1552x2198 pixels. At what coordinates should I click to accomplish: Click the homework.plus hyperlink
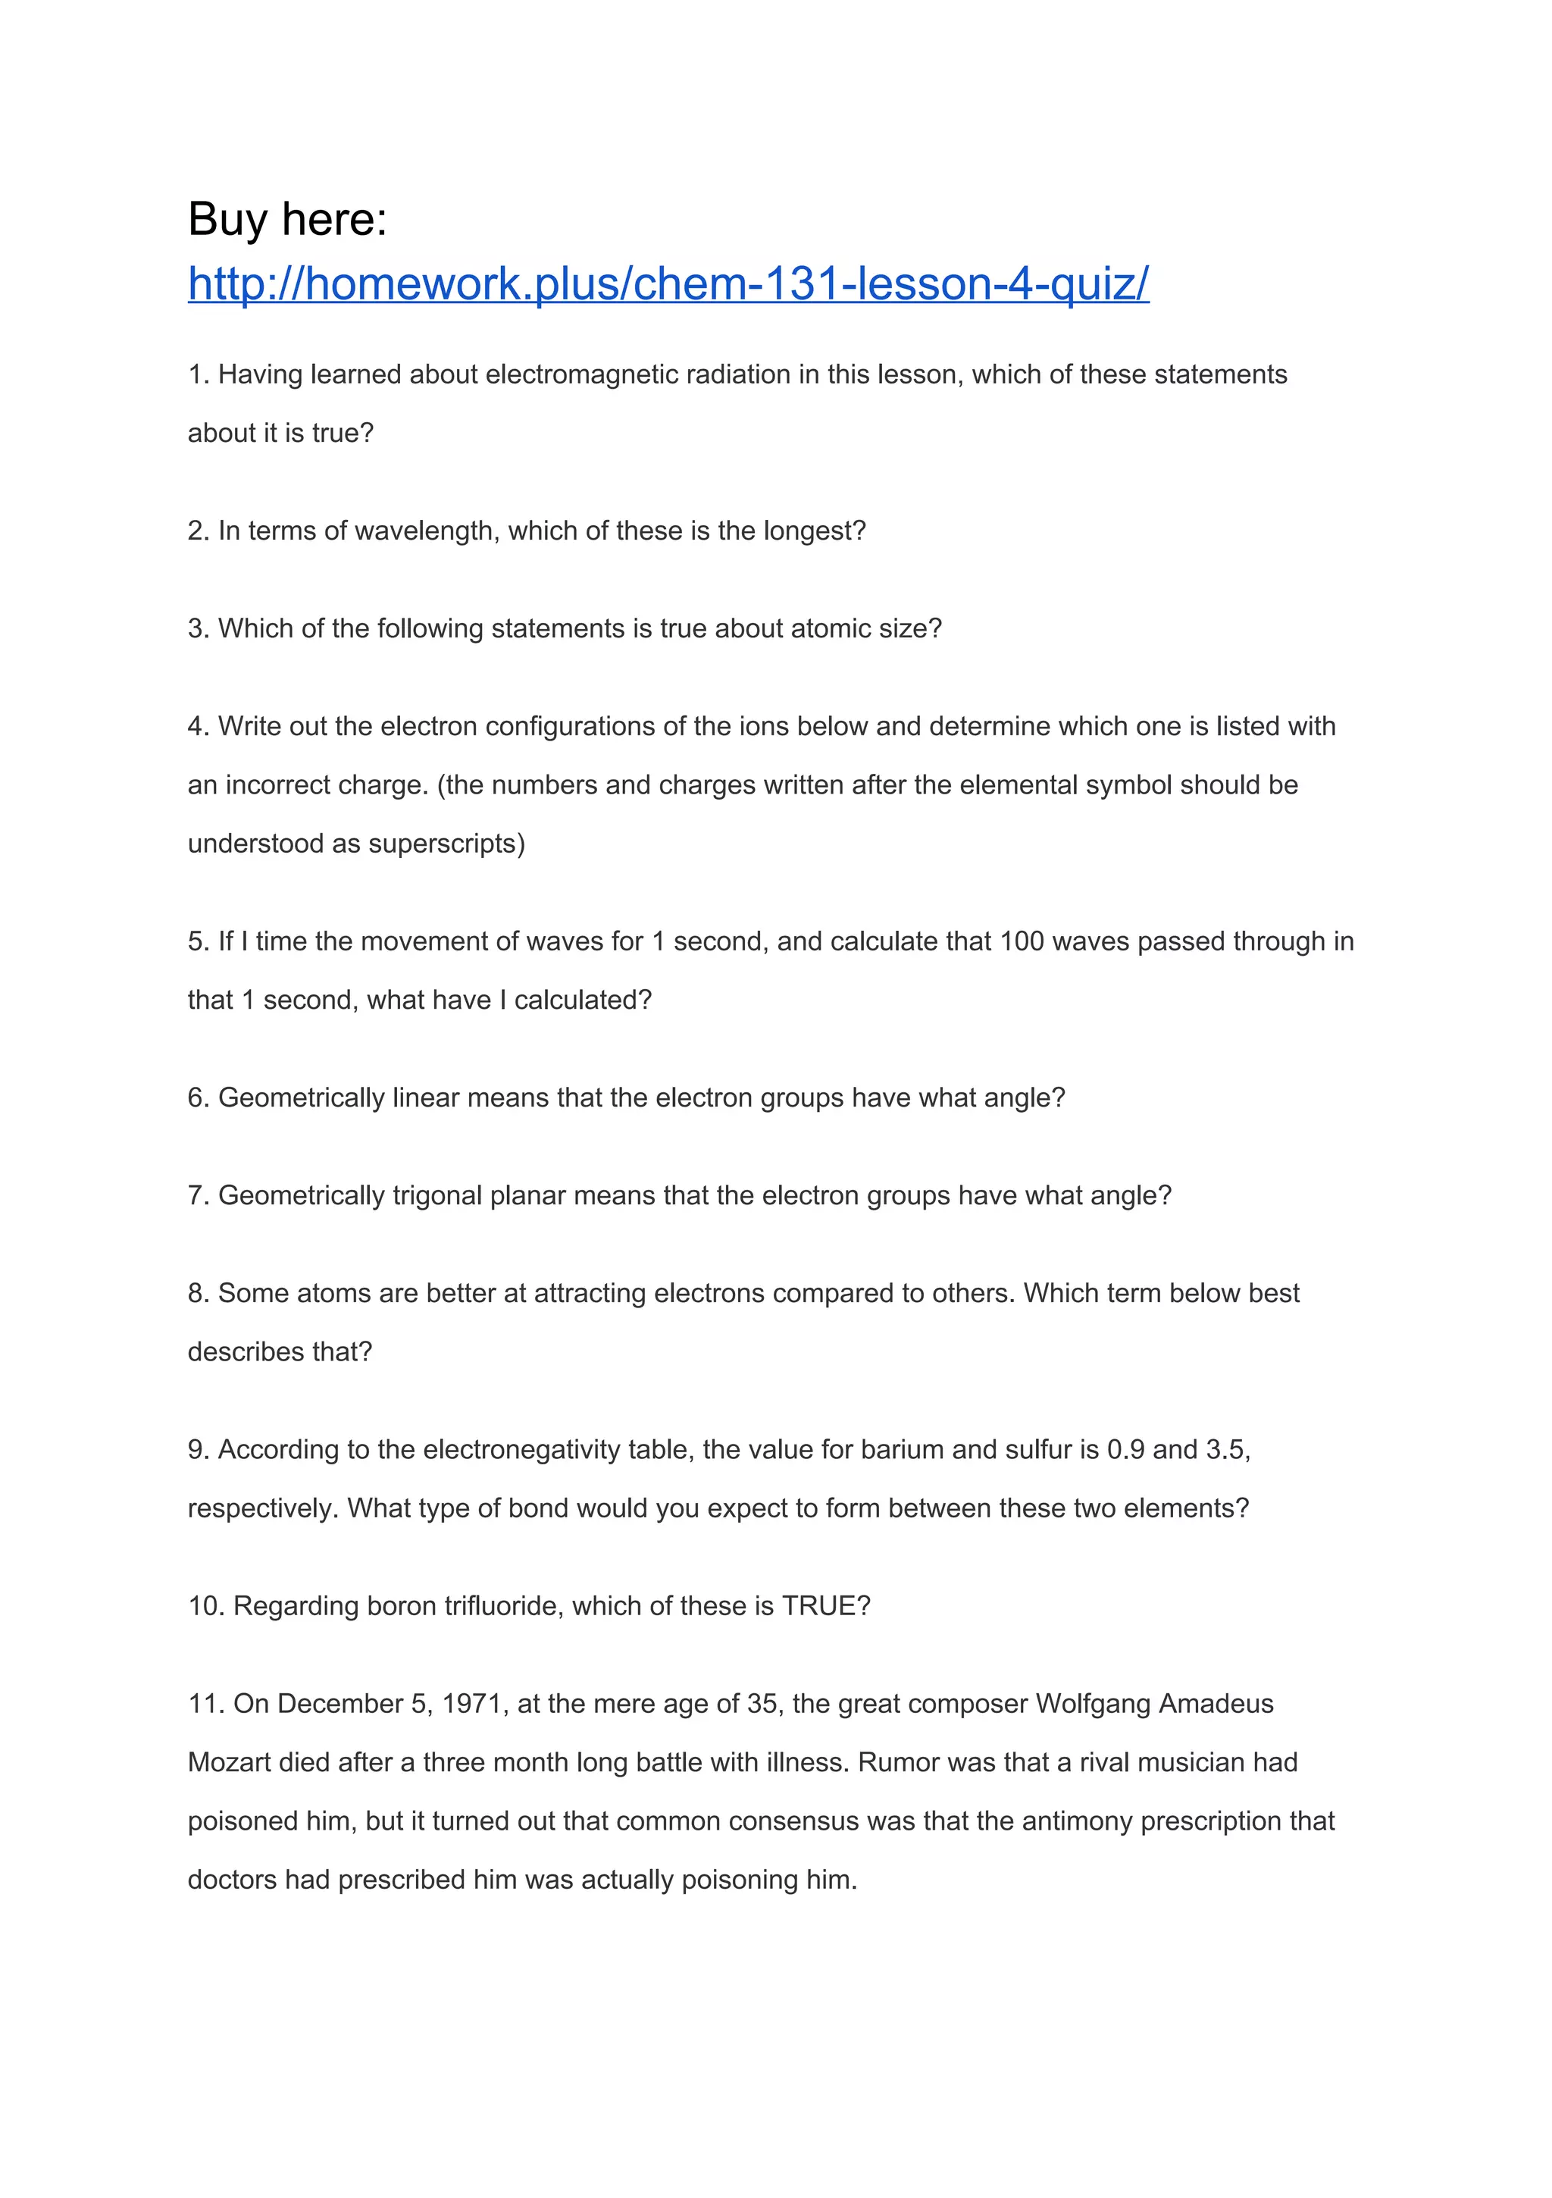668,284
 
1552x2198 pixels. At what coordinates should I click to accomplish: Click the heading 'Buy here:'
287,219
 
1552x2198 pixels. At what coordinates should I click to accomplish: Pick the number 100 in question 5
1021,941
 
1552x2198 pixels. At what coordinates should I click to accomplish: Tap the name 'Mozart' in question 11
229,1762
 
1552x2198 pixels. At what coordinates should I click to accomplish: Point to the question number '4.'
199,727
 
